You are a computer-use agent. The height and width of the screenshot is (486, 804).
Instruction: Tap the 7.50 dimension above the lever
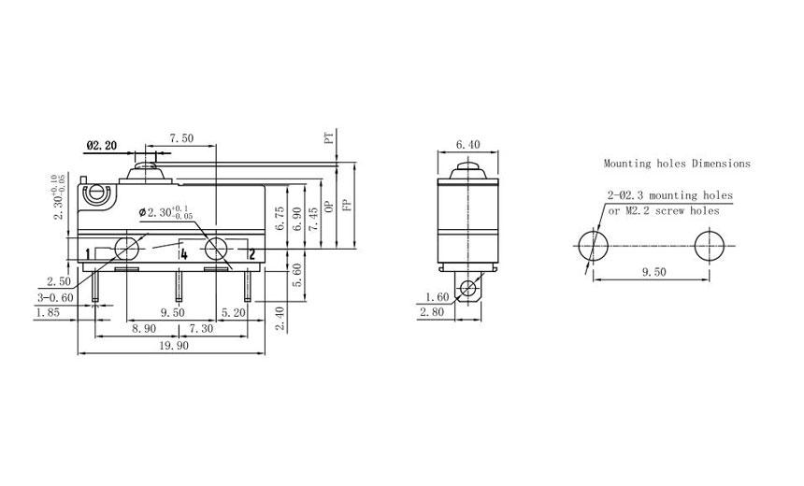[x=181, y=138]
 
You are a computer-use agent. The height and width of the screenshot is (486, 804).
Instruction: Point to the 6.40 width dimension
[x=468, y=145]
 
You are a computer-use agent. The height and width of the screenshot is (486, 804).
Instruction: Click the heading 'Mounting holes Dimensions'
[x=676, y=164]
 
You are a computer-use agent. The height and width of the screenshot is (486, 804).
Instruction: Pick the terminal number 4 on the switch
[x=184, y=253]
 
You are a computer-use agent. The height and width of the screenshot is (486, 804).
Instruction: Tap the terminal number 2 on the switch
[x=251, y=253]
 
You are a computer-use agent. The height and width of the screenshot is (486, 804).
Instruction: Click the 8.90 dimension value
[x=144, y=330]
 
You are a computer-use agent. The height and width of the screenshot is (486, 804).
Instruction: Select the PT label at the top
[x=329, y=137]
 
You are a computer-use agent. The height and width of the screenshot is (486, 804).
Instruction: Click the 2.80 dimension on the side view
[x=433, y=313]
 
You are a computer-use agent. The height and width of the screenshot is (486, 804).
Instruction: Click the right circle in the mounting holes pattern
[x=710, y=248]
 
